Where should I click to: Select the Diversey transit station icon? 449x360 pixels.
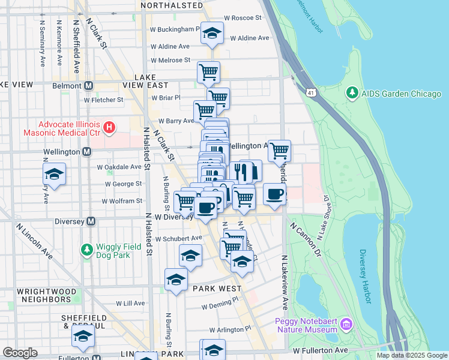(91, 221)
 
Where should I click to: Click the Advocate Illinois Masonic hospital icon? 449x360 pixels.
(109, 127)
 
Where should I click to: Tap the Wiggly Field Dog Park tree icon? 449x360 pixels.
(87, 249)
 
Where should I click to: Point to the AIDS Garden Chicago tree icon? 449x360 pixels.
(352, 94)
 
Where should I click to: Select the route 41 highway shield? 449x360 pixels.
(310, 93)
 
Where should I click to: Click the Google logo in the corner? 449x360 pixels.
(20, 352)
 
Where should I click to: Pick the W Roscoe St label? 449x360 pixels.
(243, 18)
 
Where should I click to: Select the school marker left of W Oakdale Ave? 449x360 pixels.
(54, 175)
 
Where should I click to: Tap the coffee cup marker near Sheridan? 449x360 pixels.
(274, 194)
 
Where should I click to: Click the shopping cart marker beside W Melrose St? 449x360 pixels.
(208, 73)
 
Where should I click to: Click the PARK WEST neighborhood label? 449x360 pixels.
(217, 289)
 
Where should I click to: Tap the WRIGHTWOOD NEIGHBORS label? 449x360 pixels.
(47, 295)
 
